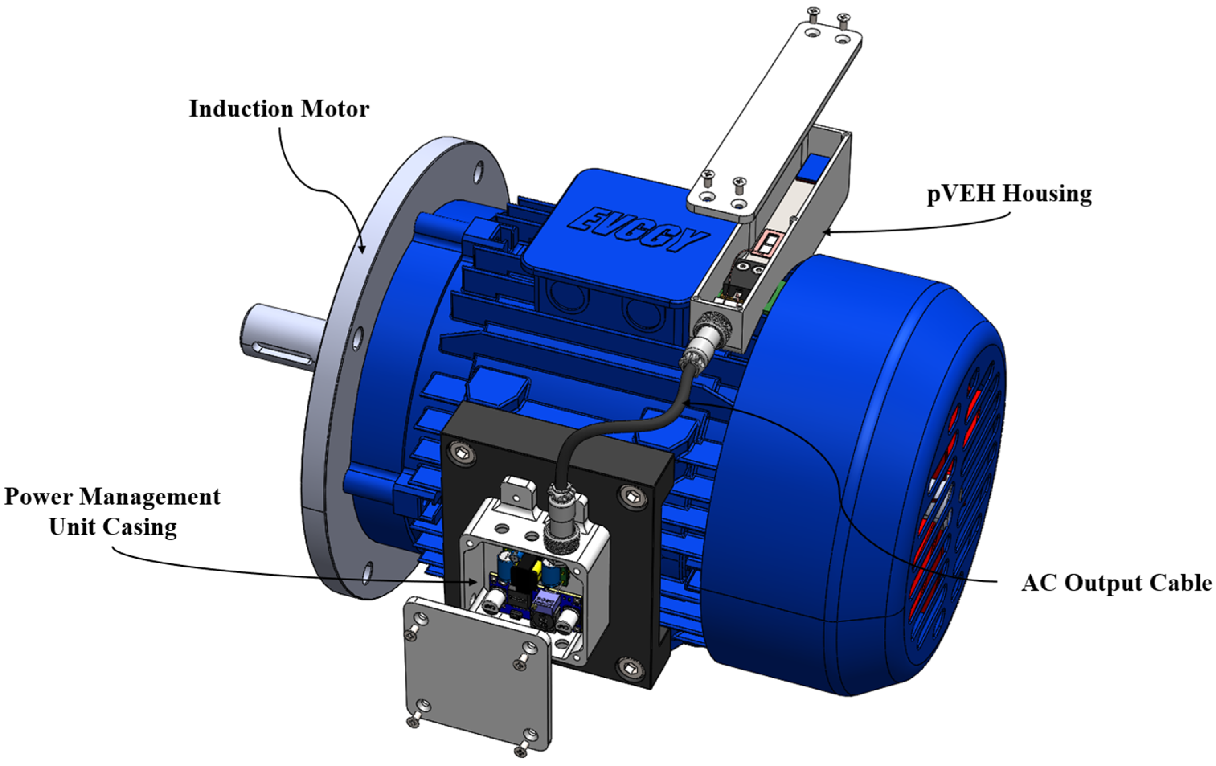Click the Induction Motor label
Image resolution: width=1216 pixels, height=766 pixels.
pos(279,109)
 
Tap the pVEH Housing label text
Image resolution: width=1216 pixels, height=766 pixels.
pos(1009,194)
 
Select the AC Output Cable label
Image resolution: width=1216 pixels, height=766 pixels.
pos(1116,583)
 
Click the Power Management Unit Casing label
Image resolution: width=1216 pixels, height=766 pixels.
pos(112,512)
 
